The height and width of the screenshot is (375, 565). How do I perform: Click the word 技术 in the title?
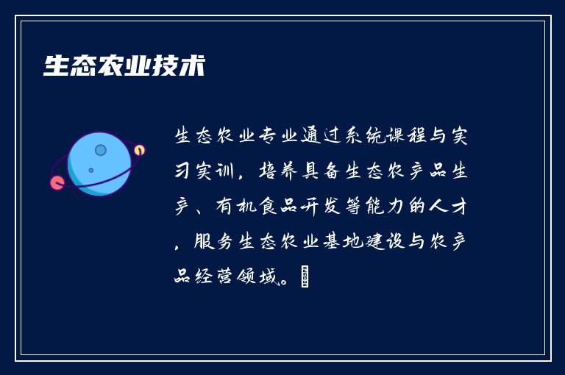(179, 65)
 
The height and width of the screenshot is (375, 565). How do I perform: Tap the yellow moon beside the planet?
(139, 150)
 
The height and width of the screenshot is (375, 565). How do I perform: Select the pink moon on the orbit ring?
(57, 182)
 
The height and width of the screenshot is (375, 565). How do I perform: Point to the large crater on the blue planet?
(101, 151)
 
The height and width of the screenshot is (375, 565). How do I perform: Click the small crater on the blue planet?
(91, 171)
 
